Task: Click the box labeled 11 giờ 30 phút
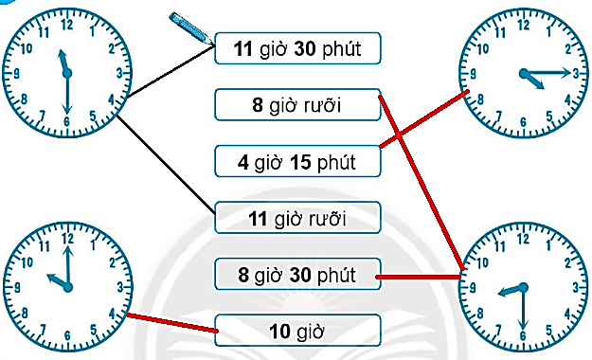[x=297, y=47]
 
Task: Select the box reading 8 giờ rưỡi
[x=297, y=106]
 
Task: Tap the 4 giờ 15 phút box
[x=297, y=162]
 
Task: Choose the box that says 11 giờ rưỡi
[x=297, y=219]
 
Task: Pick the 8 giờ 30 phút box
[x=297, y=276]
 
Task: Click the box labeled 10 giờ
[x=297, y=331]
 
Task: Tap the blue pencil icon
[x=190, y=27]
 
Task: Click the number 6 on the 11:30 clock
[x=66, y=120]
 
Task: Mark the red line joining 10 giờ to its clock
[x=170, y=323]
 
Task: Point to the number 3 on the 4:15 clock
[x=572, y=73]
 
